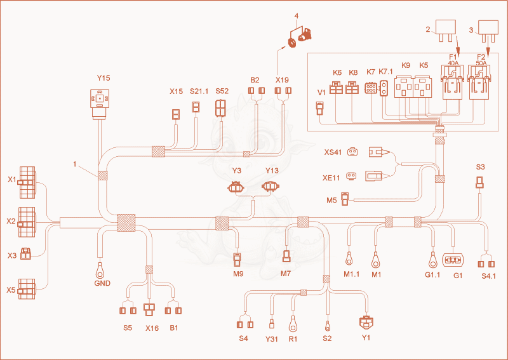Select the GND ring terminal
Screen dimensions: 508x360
click(x=100, y=270)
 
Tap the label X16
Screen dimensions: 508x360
click(x=152, y=328)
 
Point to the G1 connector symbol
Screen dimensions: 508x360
click(x=453, y=260)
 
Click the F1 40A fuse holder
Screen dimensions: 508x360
click(x=453, y=83)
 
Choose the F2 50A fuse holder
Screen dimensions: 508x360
click(x=479, y=83)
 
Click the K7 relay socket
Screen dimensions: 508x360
click(x=371, y=88)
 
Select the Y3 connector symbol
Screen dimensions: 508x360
click(x=236, y=187)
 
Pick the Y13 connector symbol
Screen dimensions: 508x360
click(x=271, y=187)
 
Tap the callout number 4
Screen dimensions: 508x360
click(x=297, y=16)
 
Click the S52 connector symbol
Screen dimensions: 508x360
click(x=221, y=107)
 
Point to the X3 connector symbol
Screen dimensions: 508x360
click(x=25, y=254)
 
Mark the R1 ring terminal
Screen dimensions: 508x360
click(x=293, y=325)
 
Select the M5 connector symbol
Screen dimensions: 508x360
click(x=345, y=199)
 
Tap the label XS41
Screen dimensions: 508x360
click(x=333, y=152)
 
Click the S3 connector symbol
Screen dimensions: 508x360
click(x=480, y=183)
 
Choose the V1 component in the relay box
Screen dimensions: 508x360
click(x=320, y=108)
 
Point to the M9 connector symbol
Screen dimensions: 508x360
click(x=237, y=260)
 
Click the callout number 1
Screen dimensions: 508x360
click(x=75, y=164)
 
